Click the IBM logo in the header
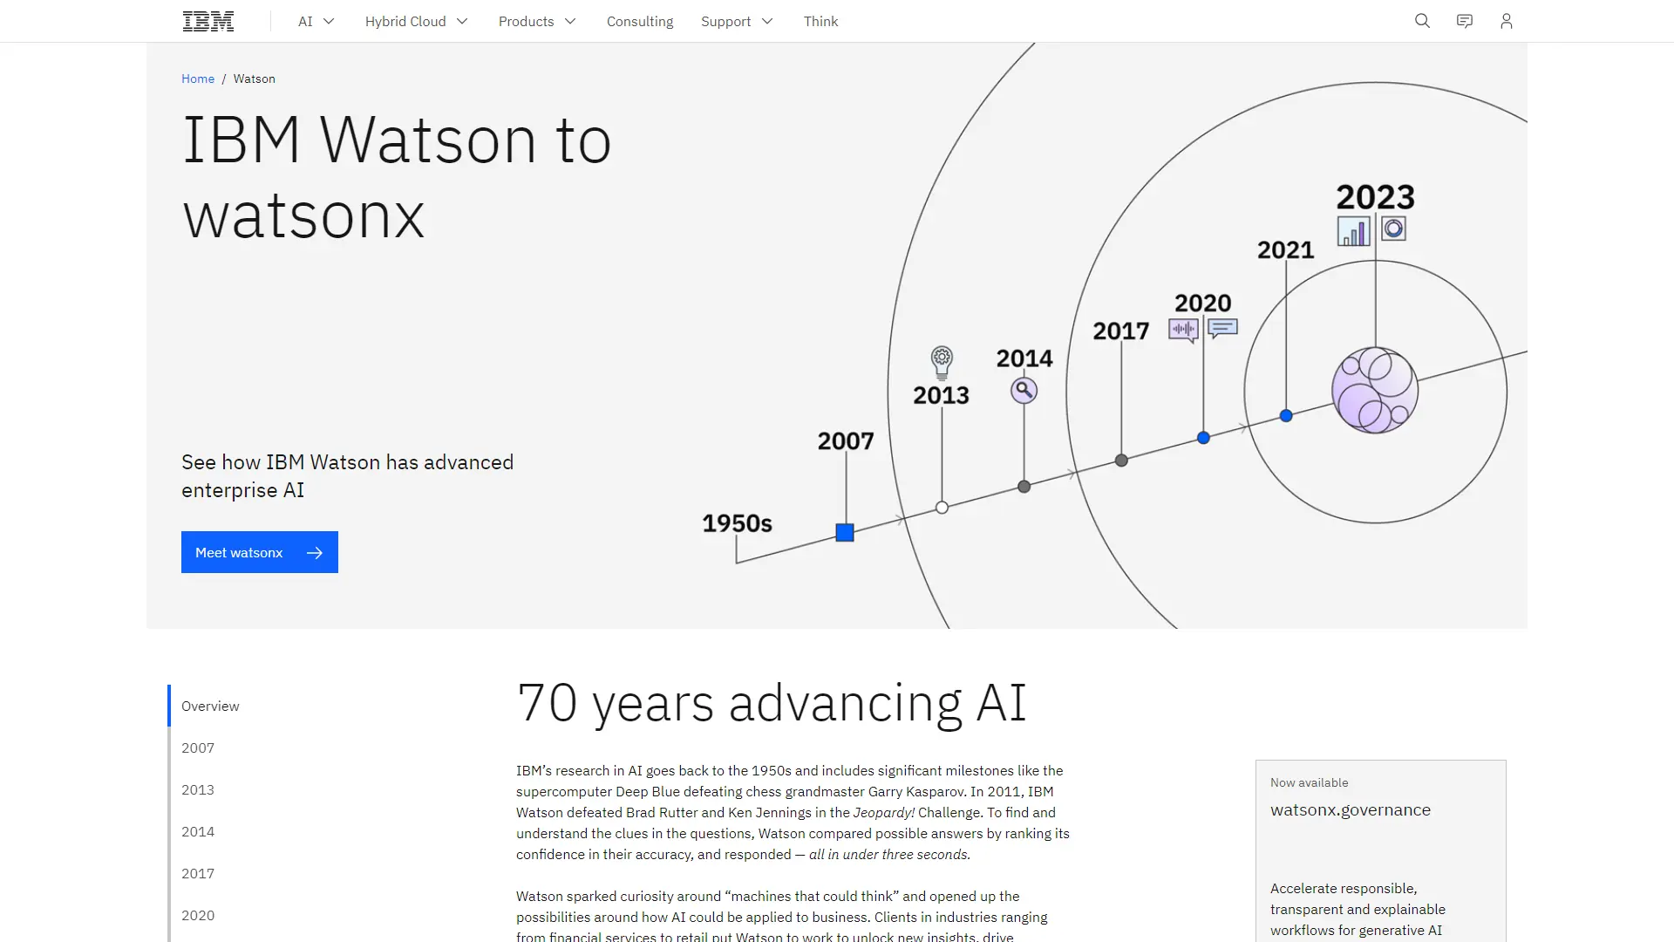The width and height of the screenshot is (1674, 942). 208,21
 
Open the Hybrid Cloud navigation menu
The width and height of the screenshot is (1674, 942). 416,21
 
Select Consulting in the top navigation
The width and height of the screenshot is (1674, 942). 640,21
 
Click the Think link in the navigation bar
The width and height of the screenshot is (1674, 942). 820,21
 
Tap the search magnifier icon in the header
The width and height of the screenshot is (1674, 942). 1422,21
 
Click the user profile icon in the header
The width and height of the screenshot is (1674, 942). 1506,21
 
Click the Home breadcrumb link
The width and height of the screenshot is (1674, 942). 198,78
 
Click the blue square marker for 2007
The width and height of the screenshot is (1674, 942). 845,532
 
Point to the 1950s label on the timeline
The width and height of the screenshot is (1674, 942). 737,523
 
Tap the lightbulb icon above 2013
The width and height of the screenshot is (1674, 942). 942,362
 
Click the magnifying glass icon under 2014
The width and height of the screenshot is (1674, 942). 1024,390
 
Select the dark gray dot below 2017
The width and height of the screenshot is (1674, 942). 1121,461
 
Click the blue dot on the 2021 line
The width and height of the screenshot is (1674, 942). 1286,416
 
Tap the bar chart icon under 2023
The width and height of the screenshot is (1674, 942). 1353,231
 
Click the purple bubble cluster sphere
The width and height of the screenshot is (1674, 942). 1375,390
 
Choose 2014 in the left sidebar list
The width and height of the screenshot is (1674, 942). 198,831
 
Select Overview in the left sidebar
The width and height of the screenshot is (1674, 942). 210,706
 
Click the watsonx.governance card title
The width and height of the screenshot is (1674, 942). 1351,809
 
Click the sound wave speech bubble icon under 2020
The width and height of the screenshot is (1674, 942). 1183,331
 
